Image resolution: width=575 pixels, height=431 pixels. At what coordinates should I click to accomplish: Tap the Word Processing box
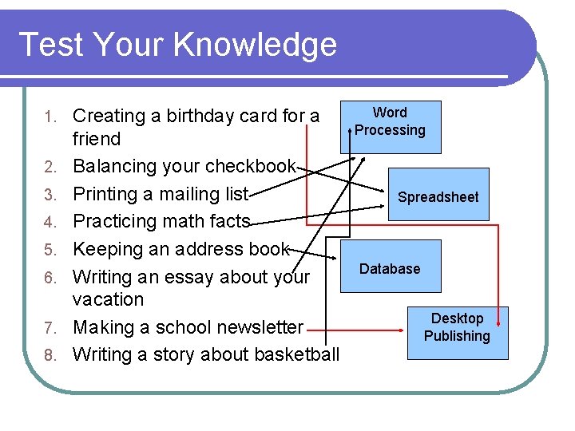click(x=391, y=122)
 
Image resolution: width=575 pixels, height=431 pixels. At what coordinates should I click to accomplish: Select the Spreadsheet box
click(x=438, y=196)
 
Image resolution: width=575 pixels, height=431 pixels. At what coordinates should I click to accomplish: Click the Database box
click(x=390, y=269)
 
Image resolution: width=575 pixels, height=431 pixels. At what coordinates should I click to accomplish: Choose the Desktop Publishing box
click(x=457, y=327)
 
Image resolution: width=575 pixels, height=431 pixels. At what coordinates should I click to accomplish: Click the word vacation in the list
click(x=108, y=299)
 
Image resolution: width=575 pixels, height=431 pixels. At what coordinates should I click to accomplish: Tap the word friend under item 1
click(x=96, y=139)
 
